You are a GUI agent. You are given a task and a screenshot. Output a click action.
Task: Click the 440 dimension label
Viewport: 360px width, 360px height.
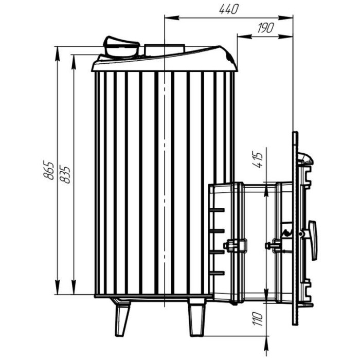[229, 9]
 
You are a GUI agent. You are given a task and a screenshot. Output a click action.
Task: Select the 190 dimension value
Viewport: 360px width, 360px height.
[266, 28]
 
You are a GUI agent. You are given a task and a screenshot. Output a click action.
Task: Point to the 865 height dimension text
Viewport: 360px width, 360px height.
[48, 170]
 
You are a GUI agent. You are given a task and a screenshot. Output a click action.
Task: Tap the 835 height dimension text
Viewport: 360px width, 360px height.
[64, 174]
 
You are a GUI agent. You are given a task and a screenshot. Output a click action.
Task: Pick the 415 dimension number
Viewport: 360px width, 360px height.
[257, 159]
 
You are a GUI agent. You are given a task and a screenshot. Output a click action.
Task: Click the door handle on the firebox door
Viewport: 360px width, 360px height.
[313, 240]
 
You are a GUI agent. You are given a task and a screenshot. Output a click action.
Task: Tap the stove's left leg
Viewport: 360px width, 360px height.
[122, 317]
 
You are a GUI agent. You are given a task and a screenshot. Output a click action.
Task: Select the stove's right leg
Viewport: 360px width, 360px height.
[197, 317]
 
